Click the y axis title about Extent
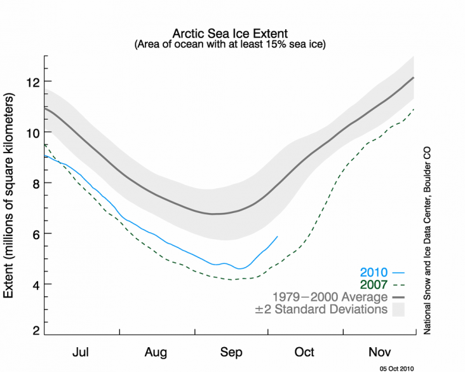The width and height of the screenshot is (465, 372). [11, 196]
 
